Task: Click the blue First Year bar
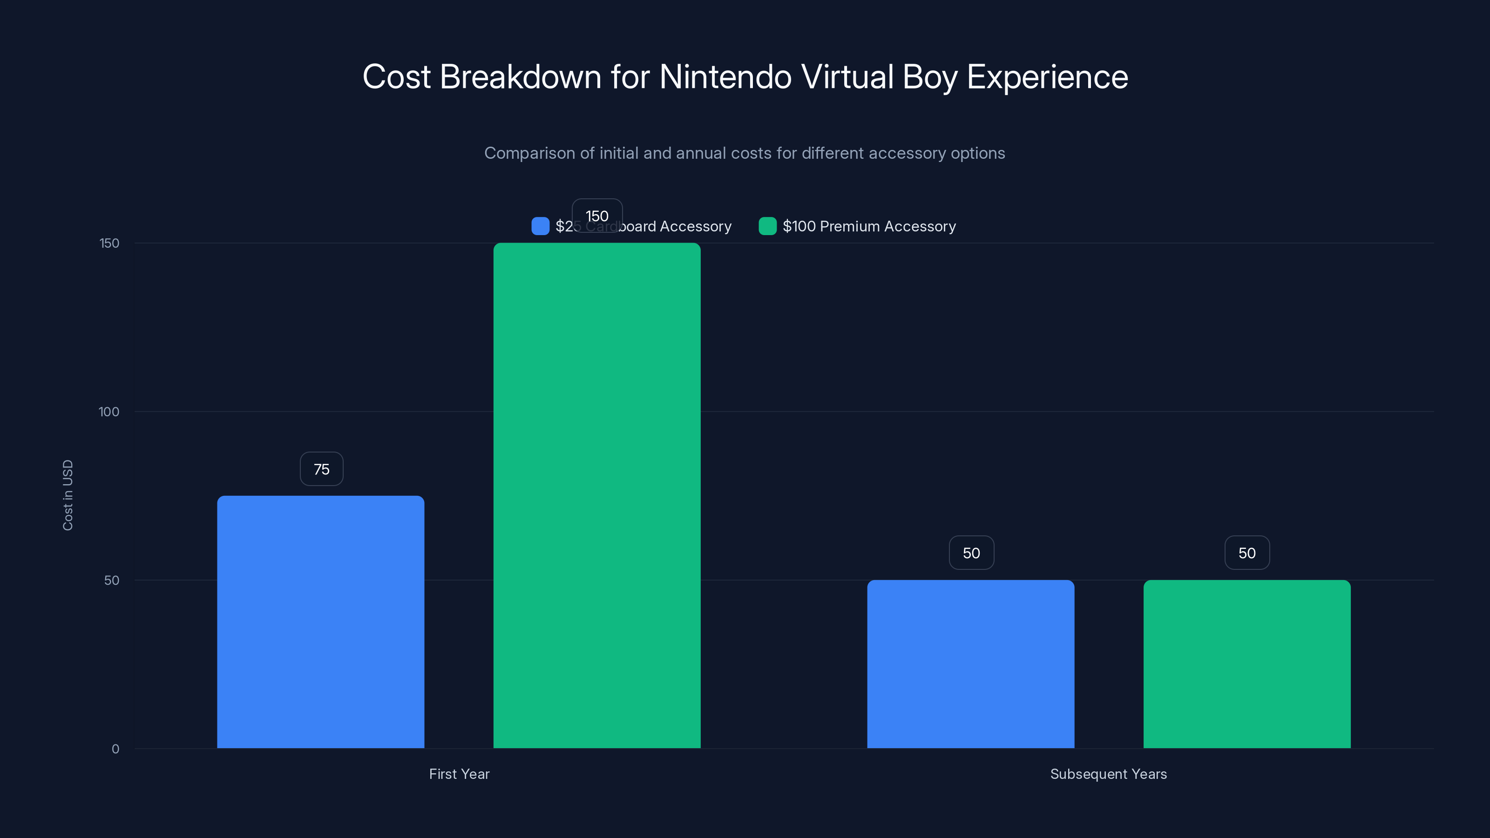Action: point(320,622)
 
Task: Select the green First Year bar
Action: point(596,496)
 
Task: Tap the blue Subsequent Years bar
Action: point(970,664)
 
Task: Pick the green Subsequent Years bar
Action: point(1246,664)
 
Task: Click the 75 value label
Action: point(322,469)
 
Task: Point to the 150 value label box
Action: point(597,216)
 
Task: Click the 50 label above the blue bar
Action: point(971,553)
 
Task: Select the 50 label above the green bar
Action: point(1246,553)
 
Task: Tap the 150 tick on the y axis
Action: point(109,243)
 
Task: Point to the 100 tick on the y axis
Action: point(109,412)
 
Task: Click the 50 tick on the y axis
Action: point(112,580)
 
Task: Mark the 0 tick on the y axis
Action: point(115,749)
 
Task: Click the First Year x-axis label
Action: point(459,774)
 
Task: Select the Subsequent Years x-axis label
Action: point(1108,774)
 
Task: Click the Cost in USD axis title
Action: point(68,495)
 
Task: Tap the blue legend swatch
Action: point(540,226)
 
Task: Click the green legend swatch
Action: point(767,226)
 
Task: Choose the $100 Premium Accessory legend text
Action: point(869,226)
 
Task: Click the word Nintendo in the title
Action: point(725,77)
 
